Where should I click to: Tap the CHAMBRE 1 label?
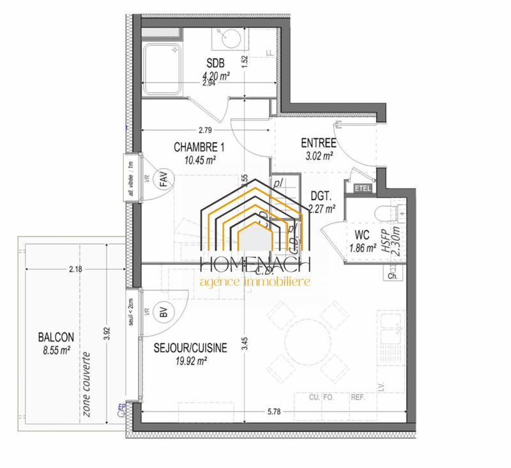199,148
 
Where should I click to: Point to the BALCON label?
56,338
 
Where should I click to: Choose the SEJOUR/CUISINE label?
190,348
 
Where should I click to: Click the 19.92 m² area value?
190,362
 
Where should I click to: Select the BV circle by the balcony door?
164,313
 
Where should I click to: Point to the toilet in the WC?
391,213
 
